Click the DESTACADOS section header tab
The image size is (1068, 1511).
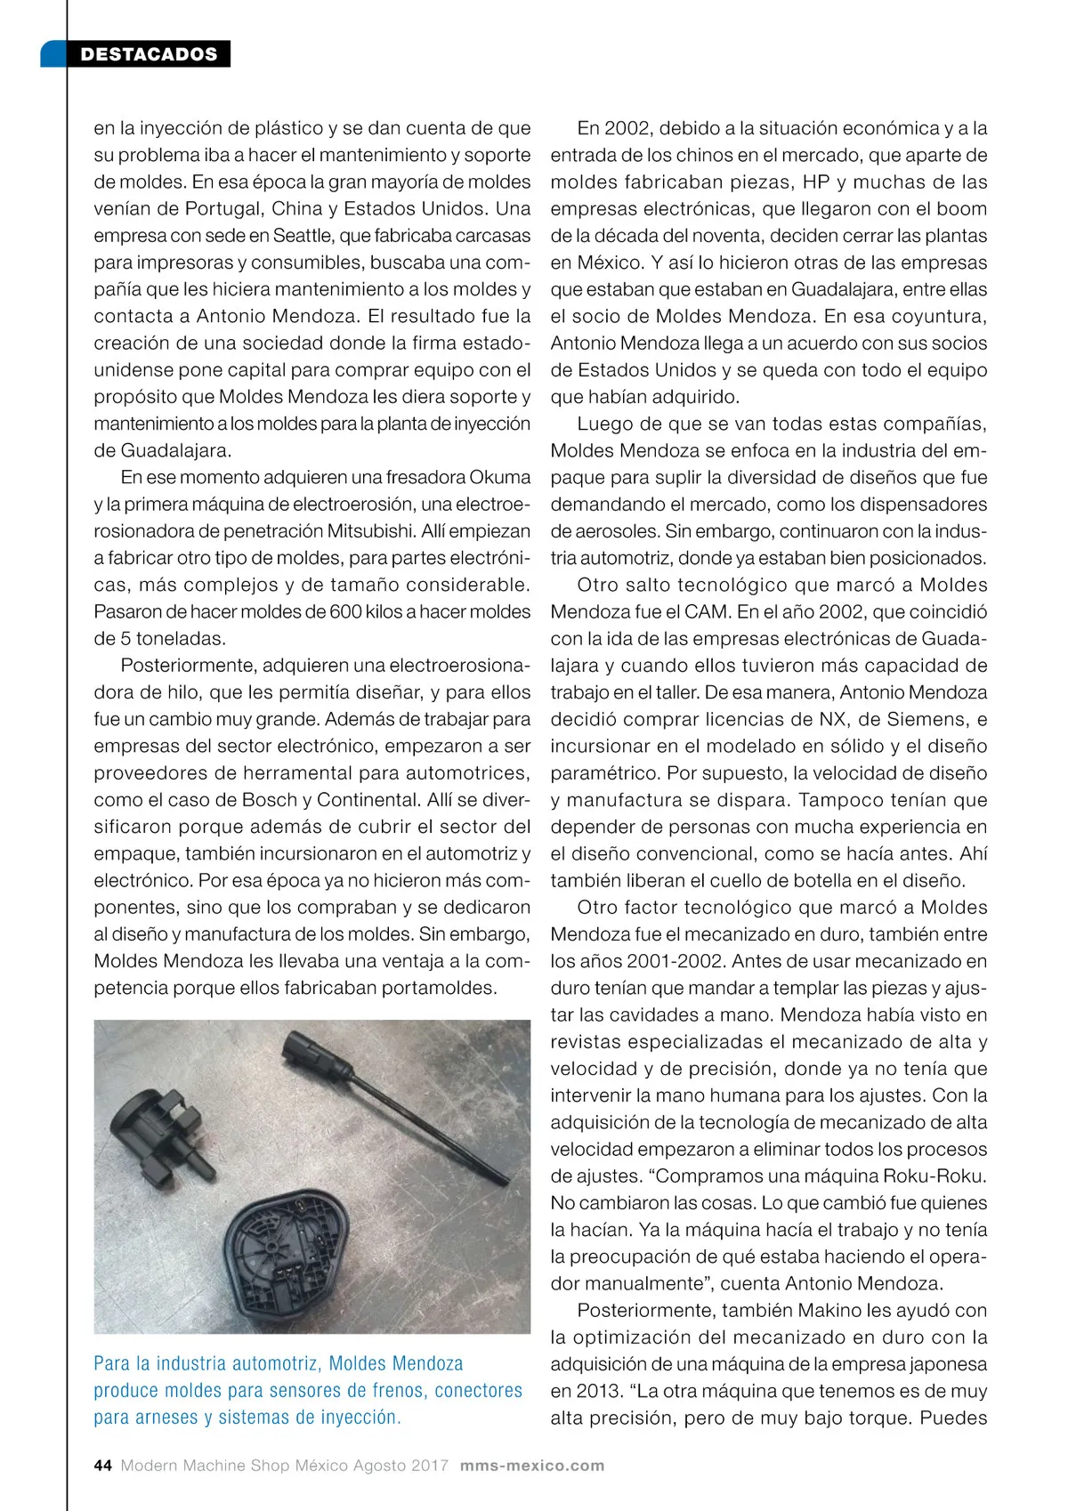click(x=148, y=54)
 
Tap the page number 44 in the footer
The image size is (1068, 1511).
click(x=102, y=1466)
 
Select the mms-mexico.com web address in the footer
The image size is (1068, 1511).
click(x=531, y=1466)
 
